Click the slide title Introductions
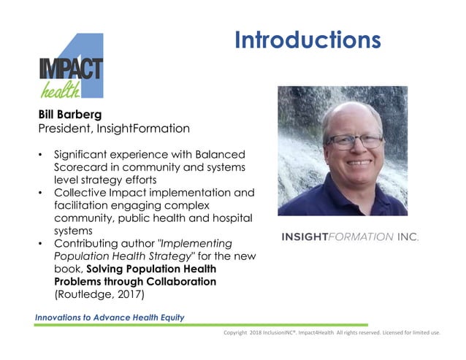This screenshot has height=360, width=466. coord(308,39)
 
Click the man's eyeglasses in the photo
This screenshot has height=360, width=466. coord(354,140)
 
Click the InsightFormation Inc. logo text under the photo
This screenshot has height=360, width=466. coord(350,237)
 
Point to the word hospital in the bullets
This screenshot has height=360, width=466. coord(230,218)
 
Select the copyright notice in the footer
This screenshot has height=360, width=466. coord(332,333)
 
